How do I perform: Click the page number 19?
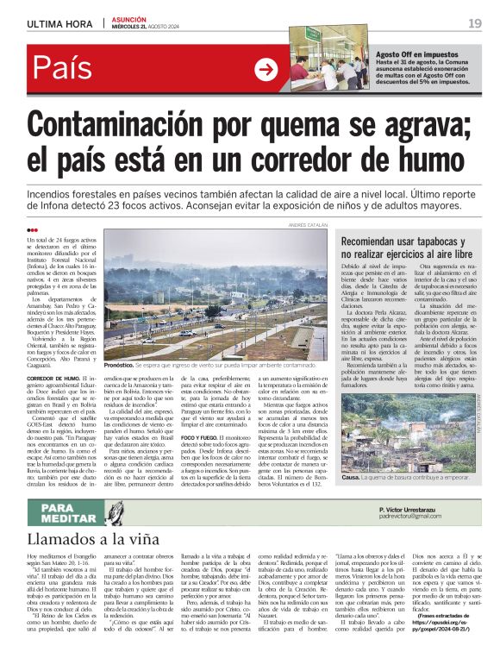(x=474, y=23)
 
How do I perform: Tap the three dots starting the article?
(x=33, y=229)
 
